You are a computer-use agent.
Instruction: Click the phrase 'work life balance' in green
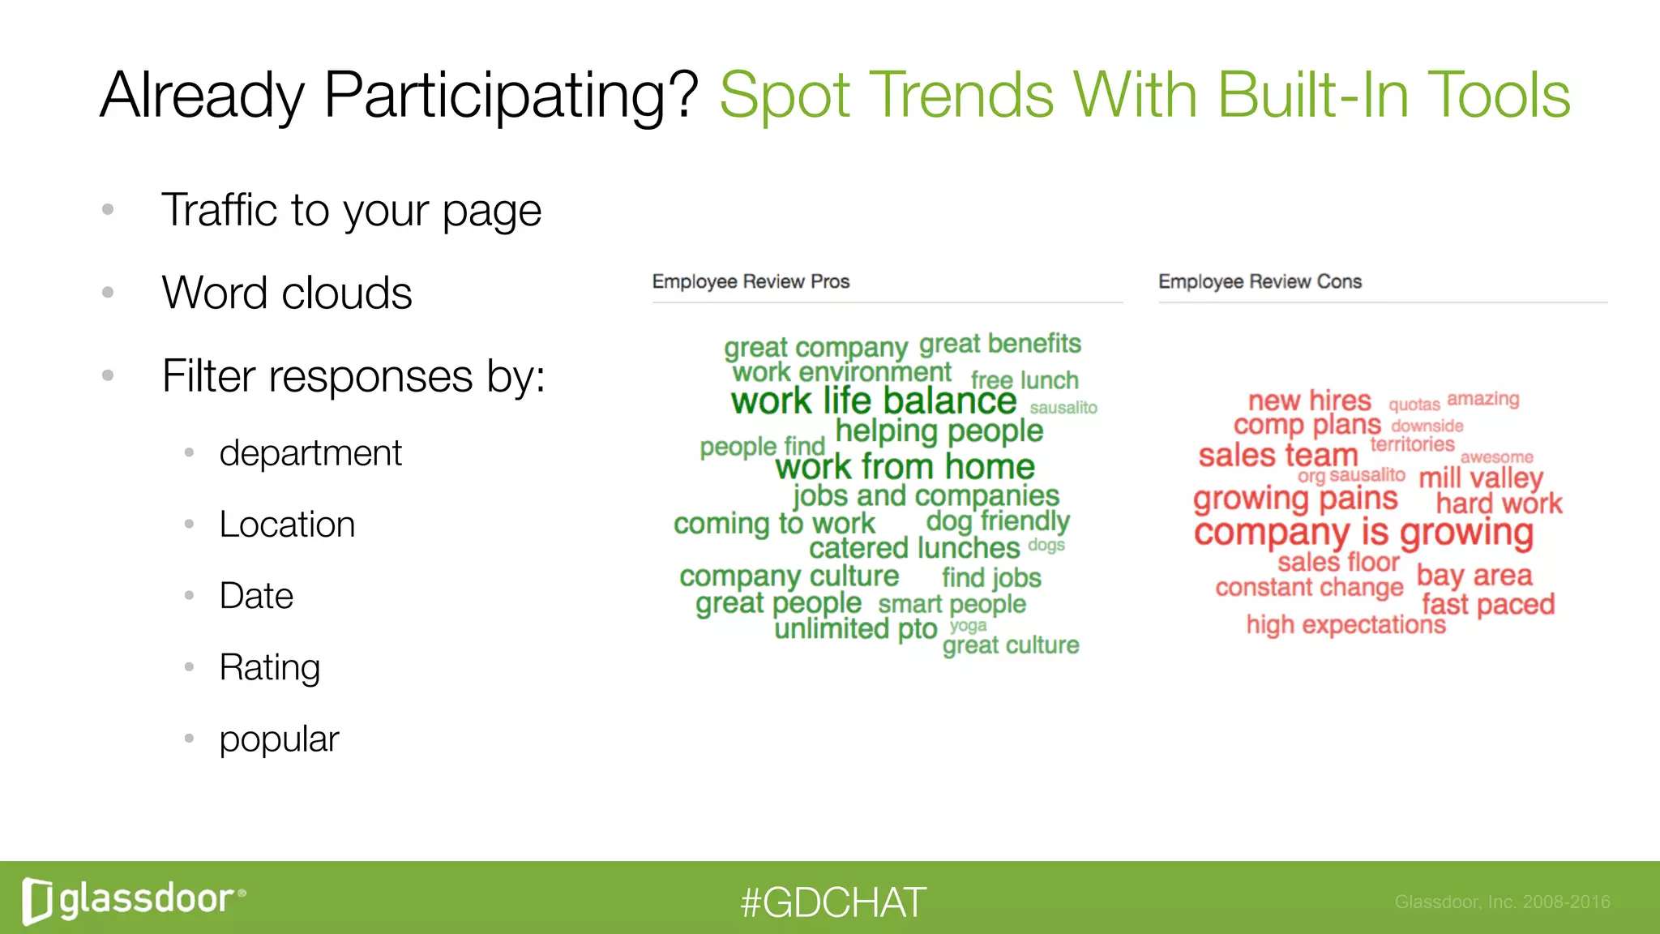[873, 401]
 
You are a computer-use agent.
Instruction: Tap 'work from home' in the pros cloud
[905, 467]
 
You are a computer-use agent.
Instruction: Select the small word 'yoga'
[968, 625]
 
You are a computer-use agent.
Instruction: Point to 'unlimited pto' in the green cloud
[855, 629]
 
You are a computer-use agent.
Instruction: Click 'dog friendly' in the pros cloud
[998, 521]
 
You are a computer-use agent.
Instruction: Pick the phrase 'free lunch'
[1025, 380]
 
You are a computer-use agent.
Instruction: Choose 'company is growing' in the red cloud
[1363, 533]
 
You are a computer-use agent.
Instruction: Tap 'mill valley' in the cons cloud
[1481, 478]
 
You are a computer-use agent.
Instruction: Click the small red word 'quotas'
[1414, 405]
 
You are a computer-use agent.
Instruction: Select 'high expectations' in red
[1346, 625]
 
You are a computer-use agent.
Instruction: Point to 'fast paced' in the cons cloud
[1488, 605]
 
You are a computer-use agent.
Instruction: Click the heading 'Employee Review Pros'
[751, 282]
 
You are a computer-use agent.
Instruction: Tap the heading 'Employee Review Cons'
[1260, 282]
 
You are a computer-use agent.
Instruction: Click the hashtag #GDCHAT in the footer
[832, 902]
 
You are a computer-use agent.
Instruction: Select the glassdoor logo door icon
[37, 901]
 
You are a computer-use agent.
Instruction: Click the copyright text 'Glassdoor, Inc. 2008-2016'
[1502, 902]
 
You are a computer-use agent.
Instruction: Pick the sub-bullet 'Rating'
[270, 668]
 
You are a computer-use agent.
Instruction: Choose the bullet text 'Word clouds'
[287, 293]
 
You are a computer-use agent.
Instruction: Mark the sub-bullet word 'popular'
[279, 739]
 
